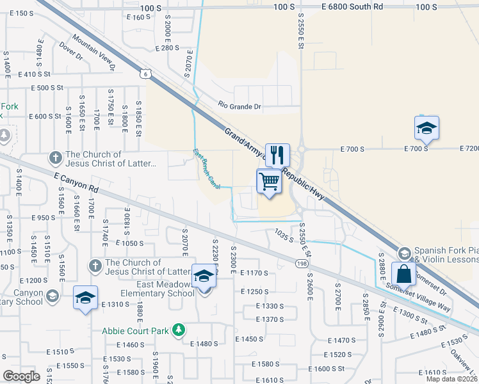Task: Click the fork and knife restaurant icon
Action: [x=277, y=154]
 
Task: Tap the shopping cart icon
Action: [x=270, y=181]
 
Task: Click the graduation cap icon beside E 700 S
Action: [x=426, y=128]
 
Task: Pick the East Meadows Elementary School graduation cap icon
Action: [x=204, y=276]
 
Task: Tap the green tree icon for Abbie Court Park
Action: [x=181, y=330]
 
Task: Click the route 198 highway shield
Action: [x=300, y=264]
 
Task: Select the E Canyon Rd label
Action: [x=77, y=181]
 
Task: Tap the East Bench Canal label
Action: [x=207, y=169]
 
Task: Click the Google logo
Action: [x=21, y=376]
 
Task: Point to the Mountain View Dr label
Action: [x=93, y=52]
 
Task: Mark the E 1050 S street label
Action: [x=129, y=243]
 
